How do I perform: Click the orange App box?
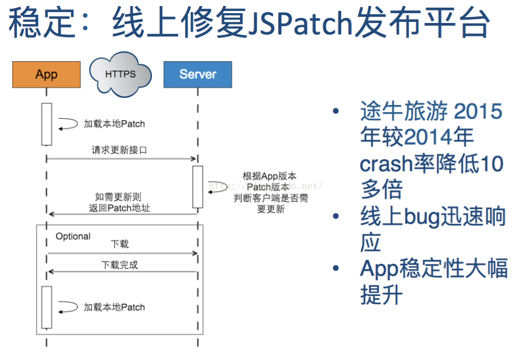[46, 74]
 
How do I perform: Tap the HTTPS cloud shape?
[120, 74]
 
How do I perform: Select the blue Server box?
[197, 74]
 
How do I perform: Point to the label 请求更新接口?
[119, 150]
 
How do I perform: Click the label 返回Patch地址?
[119, 208]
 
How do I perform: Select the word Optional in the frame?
[73, 237]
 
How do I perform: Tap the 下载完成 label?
[120, 265]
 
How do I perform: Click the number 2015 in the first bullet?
[478, 112]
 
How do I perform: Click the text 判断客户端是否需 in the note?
[271, 198]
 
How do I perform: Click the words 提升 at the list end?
[381, 295]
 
